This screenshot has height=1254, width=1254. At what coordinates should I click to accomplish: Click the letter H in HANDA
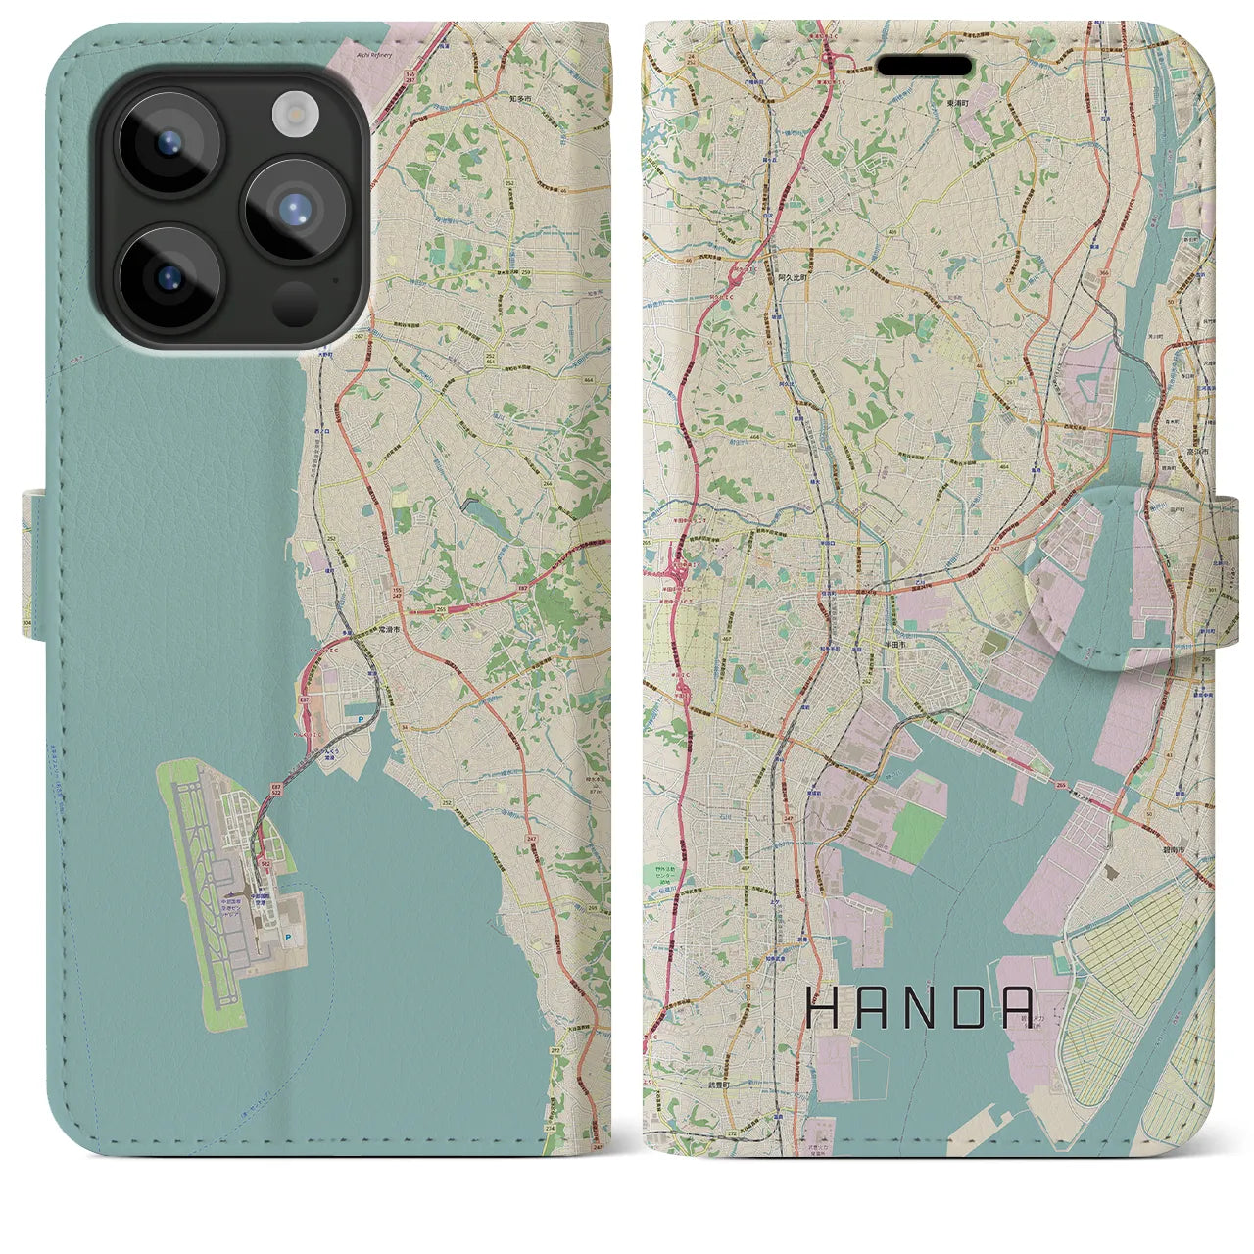pyautogui.click(x=821, y=1008)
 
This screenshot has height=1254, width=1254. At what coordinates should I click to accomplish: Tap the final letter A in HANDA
pyautogui.click(x=1019, y=1008)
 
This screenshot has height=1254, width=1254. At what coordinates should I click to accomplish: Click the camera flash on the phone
pyautogui.click(x=291, y=114)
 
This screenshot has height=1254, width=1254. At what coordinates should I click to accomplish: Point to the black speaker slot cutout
pyautogui.click(x=924, y=66)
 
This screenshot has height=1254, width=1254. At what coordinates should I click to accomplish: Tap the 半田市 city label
pyautogui.click(x=897, y=646)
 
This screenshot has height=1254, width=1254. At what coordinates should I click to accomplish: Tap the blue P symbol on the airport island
pyautogui.click(x=287, y=938)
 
